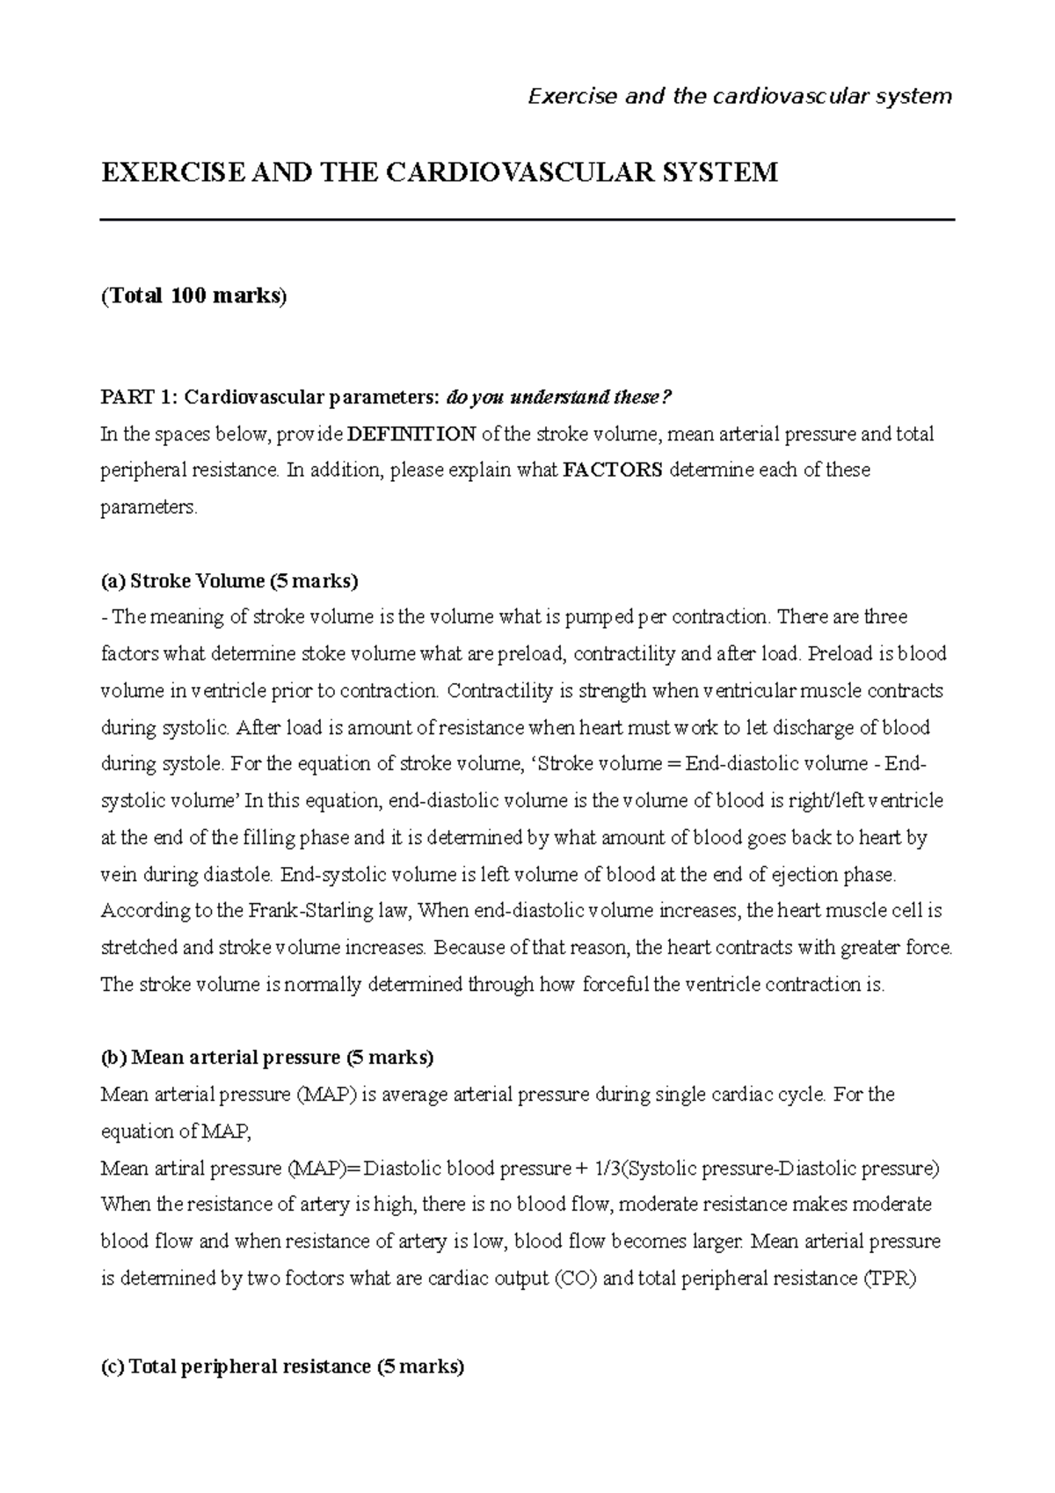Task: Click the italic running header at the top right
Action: point(739,96)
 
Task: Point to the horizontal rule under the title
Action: point(527,220)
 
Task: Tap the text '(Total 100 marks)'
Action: point(194,295)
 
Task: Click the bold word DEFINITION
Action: point(412,433)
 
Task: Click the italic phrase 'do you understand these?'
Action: point(559,397)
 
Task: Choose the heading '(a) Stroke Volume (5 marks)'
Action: point(230,580)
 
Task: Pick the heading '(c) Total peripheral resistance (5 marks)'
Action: point(283,1366)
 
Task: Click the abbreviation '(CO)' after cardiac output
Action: point(576,1278)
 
